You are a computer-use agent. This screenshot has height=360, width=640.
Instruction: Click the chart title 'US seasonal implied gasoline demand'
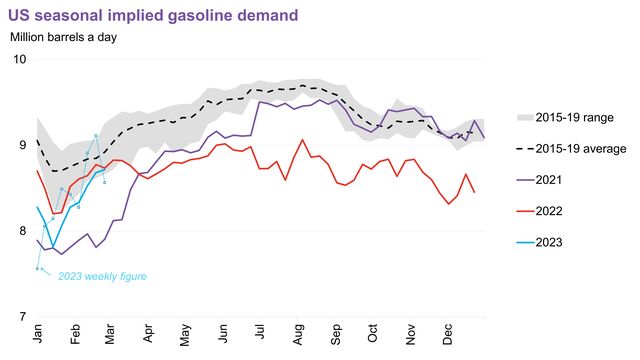[x=153, y=15]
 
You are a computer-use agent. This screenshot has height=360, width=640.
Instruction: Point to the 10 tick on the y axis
[x=18, y=59]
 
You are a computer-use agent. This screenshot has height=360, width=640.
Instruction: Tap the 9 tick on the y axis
[x=21, y=145]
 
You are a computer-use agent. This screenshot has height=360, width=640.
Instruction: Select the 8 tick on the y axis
[x=21, y=231]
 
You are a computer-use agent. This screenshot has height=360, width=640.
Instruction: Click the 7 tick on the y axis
[x=21, y=317]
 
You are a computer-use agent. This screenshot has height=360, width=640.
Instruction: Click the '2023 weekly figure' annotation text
[x=96, y=276]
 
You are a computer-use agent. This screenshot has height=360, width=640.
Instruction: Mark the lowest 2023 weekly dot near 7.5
[x=37, y=268]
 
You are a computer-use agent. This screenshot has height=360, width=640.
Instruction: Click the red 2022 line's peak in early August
[x=303, y=139]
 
